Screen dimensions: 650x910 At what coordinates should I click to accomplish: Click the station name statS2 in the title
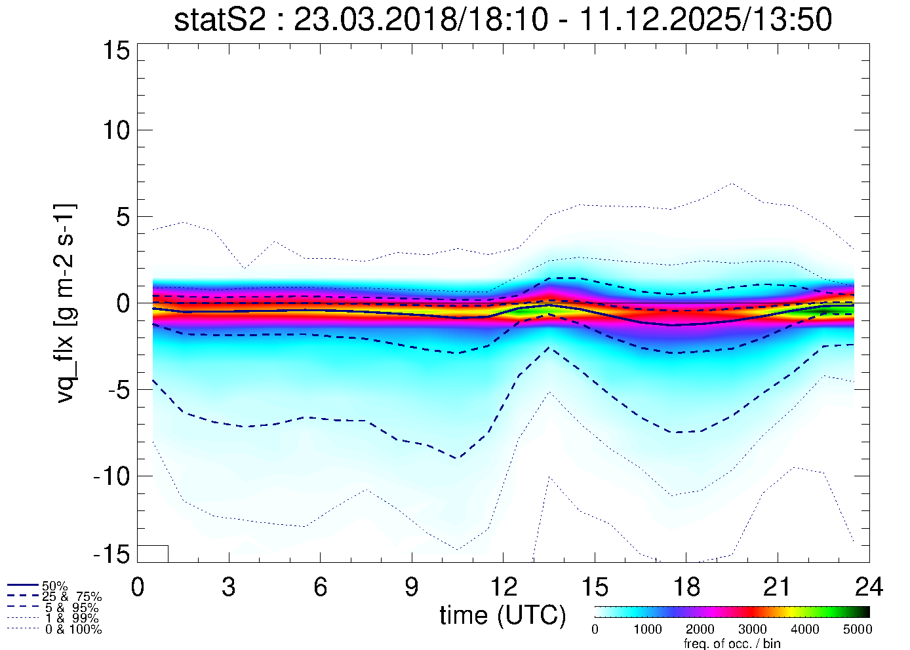click(x=221, y=20)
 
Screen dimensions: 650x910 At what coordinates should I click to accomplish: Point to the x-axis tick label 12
click(x=503, y=587)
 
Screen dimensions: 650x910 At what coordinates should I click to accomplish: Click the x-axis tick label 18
click(x=686, y=587)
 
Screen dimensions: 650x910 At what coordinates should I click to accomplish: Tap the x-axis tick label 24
click(x=869, y=587)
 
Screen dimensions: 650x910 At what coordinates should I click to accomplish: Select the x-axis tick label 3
click(x=229, y=587)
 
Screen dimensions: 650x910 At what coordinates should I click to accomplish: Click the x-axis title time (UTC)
click(x=503, y=615)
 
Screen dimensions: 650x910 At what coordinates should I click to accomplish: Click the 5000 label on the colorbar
click(x=857, y=630)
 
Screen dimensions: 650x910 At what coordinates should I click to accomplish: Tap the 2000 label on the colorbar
click(x=700, y=630)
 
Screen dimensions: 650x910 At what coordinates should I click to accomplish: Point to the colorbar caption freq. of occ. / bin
click(x=732, y=643)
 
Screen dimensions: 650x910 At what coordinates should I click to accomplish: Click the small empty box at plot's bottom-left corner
click(x=153, y=554)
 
